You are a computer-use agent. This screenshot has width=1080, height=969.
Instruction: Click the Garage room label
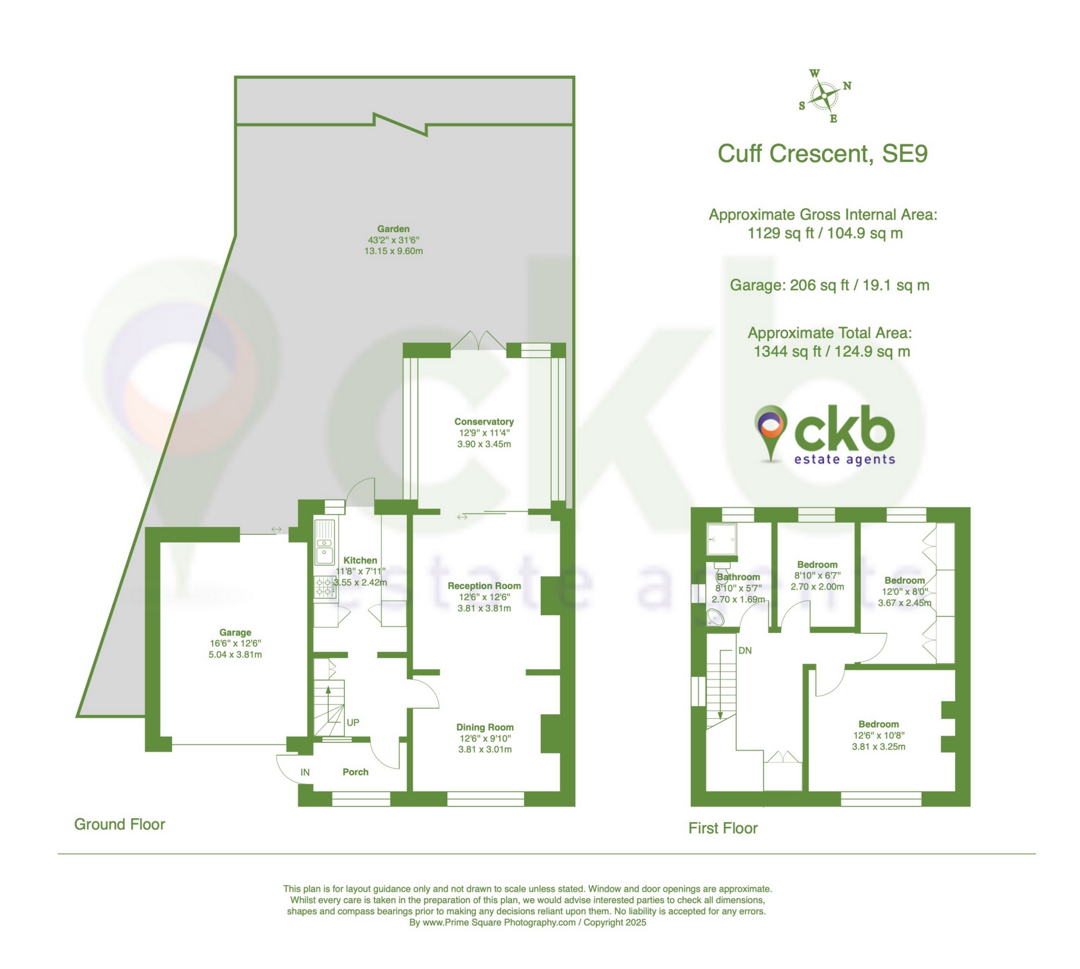[x=235, y=632]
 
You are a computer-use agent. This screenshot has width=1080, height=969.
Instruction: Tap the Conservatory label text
[x=484, y=422]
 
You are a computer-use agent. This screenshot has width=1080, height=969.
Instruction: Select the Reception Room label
[x=484, y=585]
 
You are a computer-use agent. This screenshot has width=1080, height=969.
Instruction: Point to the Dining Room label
[x=485, y=727]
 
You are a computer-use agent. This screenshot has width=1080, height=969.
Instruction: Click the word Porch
[x=355, y=772]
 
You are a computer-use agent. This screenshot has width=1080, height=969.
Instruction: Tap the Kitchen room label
[x=360, y=560]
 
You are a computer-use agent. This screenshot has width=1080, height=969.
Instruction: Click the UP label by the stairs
[x=353, y=722]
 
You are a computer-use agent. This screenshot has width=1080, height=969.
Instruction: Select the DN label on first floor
[x=745, y=651]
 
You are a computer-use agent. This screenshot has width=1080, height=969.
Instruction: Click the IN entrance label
[x=305, y=772]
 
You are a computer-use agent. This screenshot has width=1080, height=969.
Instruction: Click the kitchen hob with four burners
[x=325, y=587]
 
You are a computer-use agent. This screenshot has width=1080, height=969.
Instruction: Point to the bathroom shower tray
[x=721, y=539]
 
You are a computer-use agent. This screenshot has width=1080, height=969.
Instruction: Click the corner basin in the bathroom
[x=716, y=619]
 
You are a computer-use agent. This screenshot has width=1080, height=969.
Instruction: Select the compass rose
[x=825, y=96]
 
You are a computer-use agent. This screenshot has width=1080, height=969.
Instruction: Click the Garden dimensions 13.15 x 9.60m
[x=393, y=251]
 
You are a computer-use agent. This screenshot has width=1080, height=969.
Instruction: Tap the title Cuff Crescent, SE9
[x=822, y=154]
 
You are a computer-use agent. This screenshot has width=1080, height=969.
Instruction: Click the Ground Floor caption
[x=119, y=824]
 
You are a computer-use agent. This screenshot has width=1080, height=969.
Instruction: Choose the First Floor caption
[x=723, y=828]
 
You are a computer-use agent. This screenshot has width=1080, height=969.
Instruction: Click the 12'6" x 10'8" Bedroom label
[x=878, y=724]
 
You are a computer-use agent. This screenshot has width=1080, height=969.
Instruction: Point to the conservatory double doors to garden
[x=478, y=341]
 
